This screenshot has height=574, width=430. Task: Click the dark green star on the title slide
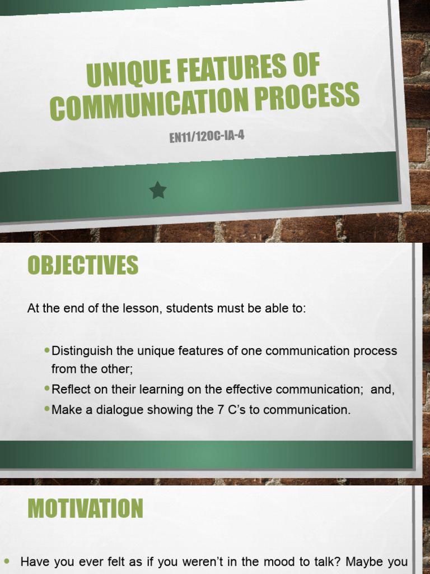pos(158,191)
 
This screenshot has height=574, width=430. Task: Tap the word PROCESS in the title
pos(314,95)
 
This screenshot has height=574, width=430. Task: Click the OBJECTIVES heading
pos(83,265)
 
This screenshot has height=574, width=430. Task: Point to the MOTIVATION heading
pos(85,509)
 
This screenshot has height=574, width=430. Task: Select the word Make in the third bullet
pos(64,410)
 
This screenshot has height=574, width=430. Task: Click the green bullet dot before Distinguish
pos(47,350)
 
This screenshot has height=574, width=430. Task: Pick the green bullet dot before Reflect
pos(47,388)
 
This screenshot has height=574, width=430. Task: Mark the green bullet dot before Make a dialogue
pos(47,409)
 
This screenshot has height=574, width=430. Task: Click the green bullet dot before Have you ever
pos(7,561)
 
